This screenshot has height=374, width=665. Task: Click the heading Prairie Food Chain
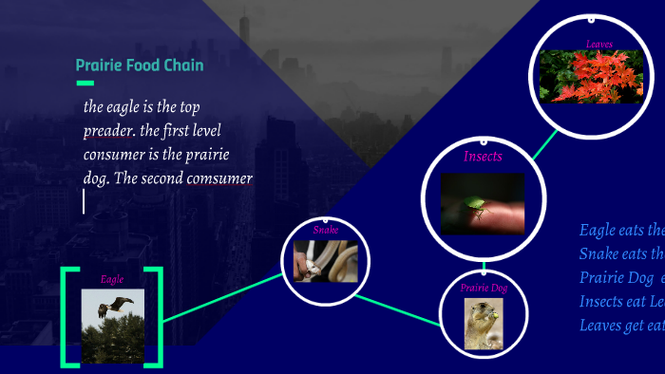pos(139,65)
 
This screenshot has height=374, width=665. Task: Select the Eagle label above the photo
pos(112,279)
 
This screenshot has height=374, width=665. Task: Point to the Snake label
pos(326,230)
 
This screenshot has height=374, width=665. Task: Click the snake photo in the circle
pos(325,261)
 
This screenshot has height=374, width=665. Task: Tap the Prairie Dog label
pos(484,287)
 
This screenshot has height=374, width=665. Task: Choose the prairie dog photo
pos(483,324)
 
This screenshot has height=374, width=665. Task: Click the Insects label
pos(483,157)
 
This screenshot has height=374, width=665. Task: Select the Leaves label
pos(599,44)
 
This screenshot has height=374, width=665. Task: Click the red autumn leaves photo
pos(591,76)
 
